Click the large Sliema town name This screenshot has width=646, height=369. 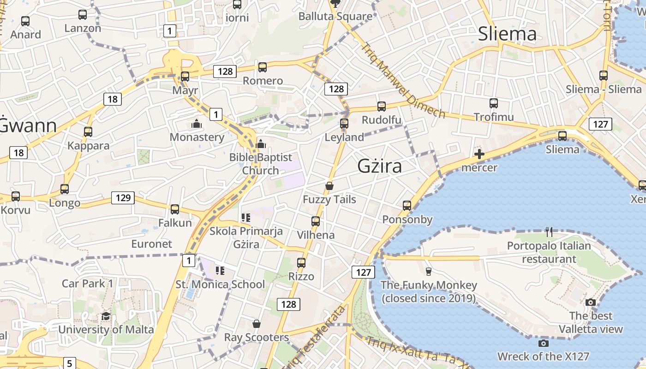point(507,34)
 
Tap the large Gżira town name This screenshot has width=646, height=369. point(380,166)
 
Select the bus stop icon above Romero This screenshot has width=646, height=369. point(263,67)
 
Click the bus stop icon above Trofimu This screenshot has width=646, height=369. point(494,103)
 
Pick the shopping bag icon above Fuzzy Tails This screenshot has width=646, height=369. point(329,186)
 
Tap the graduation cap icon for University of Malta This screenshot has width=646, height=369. point(106,316)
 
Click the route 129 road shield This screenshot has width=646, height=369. point(123,198)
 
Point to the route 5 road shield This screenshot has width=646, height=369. point(69,363)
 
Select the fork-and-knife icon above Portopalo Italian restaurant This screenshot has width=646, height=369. point(549,232)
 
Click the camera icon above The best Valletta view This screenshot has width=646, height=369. point(591,303)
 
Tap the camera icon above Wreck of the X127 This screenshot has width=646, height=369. point(544,343)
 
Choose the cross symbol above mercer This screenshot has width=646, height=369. point(479,154)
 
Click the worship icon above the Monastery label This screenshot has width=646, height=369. point(197,124)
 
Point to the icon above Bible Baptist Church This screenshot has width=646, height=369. point(261,144)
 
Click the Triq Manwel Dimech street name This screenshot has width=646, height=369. point(402,81)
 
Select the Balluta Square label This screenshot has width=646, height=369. point(335,17)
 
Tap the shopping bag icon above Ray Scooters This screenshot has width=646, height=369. point(257,324)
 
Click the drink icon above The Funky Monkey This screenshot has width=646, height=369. point(428,271)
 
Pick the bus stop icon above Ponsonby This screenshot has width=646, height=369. point(407,206)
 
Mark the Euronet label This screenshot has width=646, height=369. point(151,244)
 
